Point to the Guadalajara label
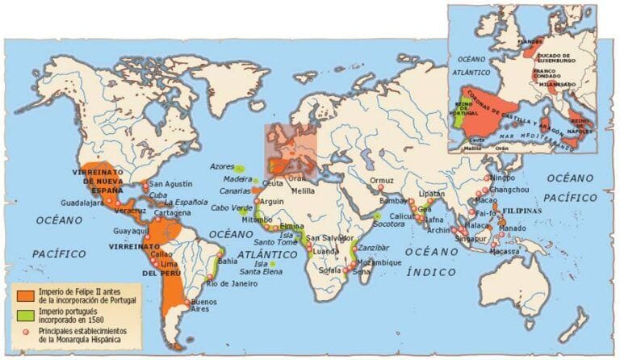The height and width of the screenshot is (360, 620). click(x=82, y=203)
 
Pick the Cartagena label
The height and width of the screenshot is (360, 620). click(x=174, y=213)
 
